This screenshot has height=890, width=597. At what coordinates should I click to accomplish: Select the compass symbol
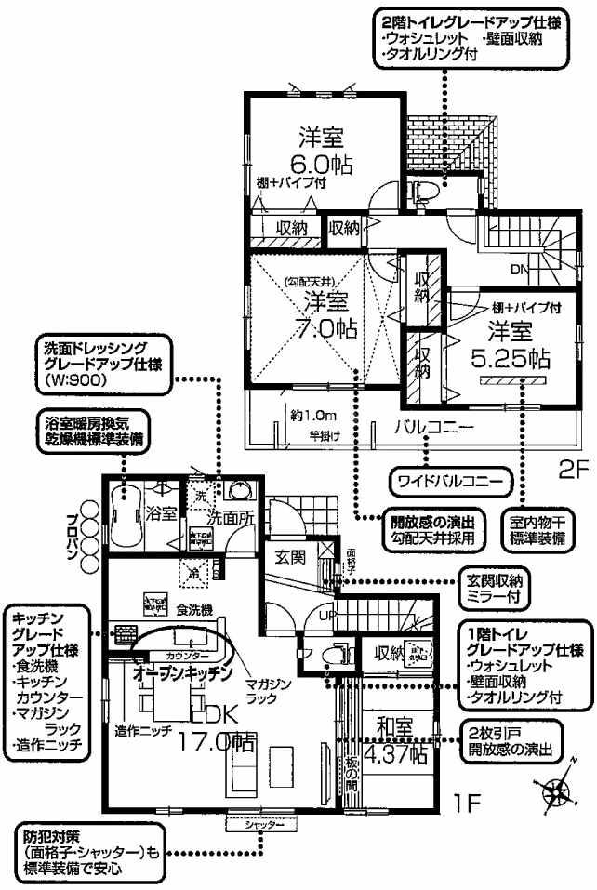[558, 790]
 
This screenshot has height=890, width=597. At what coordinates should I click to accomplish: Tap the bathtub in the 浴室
[124, 517]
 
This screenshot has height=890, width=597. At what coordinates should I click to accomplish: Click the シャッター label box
[253, 825]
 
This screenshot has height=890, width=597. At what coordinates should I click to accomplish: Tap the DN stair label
[521, 270]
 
